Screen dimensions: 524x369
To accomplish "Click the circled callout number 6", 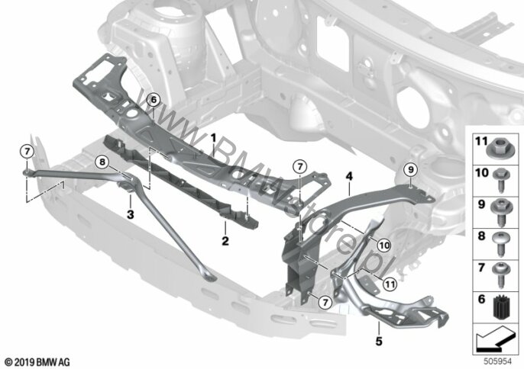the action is click(154, 99).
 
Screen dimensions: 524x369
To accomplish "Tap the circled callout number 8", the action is click(102, 162).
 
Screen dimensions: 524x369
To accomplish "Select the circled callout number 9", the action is click(411, 170).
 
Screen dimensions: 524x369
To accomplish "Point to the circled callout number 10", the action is click(384, 245).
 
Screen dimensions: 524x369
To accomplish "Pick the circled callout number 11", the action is click(390, 284).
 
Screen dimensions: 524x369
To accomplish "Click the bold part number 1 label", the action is click(213, 137).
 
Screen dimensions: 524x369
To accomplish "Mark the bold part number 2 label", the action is click(225, 241).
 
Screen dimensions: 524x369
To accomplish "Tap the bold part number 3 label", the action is click(131, 214).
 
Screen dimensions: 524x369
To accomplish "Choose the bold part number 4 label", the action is click(349, 176).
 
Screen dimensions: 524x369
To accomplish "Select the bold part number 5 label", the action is click(379, 341).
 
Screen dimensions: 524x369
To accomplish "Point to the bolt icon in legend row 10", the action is click(501, 180).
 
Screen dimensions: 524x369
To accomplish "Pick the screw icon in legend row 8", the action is click(501, 244).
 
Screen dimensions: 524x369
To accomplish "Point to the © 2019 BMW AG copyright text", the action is click(37, 361).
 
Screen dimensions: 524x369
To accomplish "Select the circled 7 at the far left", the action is click(27, 152).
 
